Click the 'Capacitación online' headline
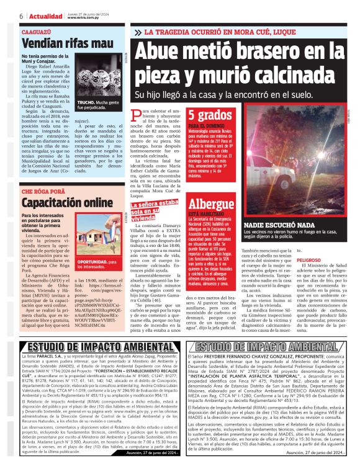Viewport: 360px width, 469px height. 66,202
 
